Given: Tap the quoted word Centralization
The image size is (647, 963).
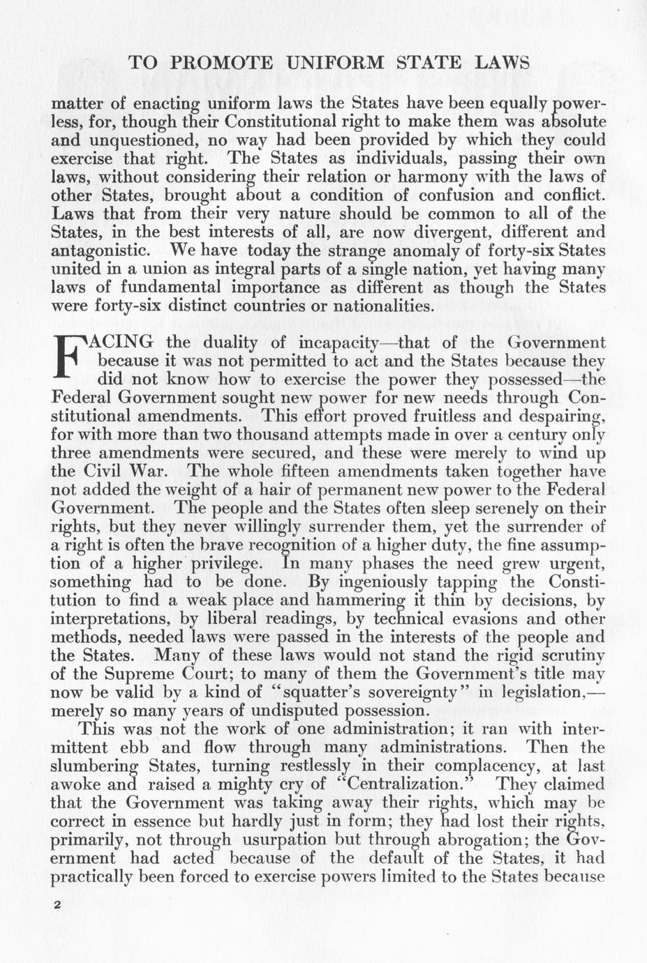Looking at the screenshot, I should [x=412, y=784].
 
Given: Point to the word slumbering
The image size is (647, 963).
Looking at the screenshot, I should [x=96, y=766].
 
